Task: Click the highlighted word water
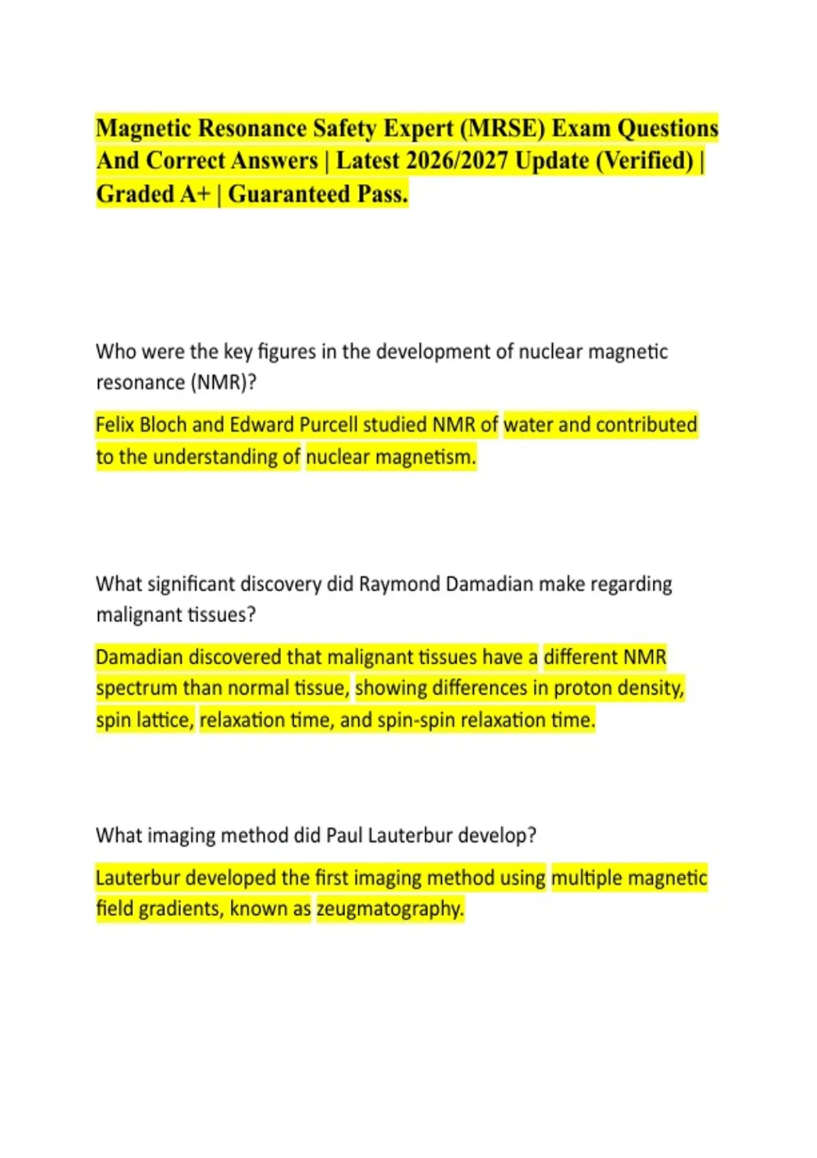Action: (x=528, y=425)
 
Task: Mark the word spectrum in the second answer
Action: (x=136, y=689)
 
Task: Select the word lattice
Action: (x=166, y=721)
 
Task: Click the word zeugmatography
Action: (x=390, y=909)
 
